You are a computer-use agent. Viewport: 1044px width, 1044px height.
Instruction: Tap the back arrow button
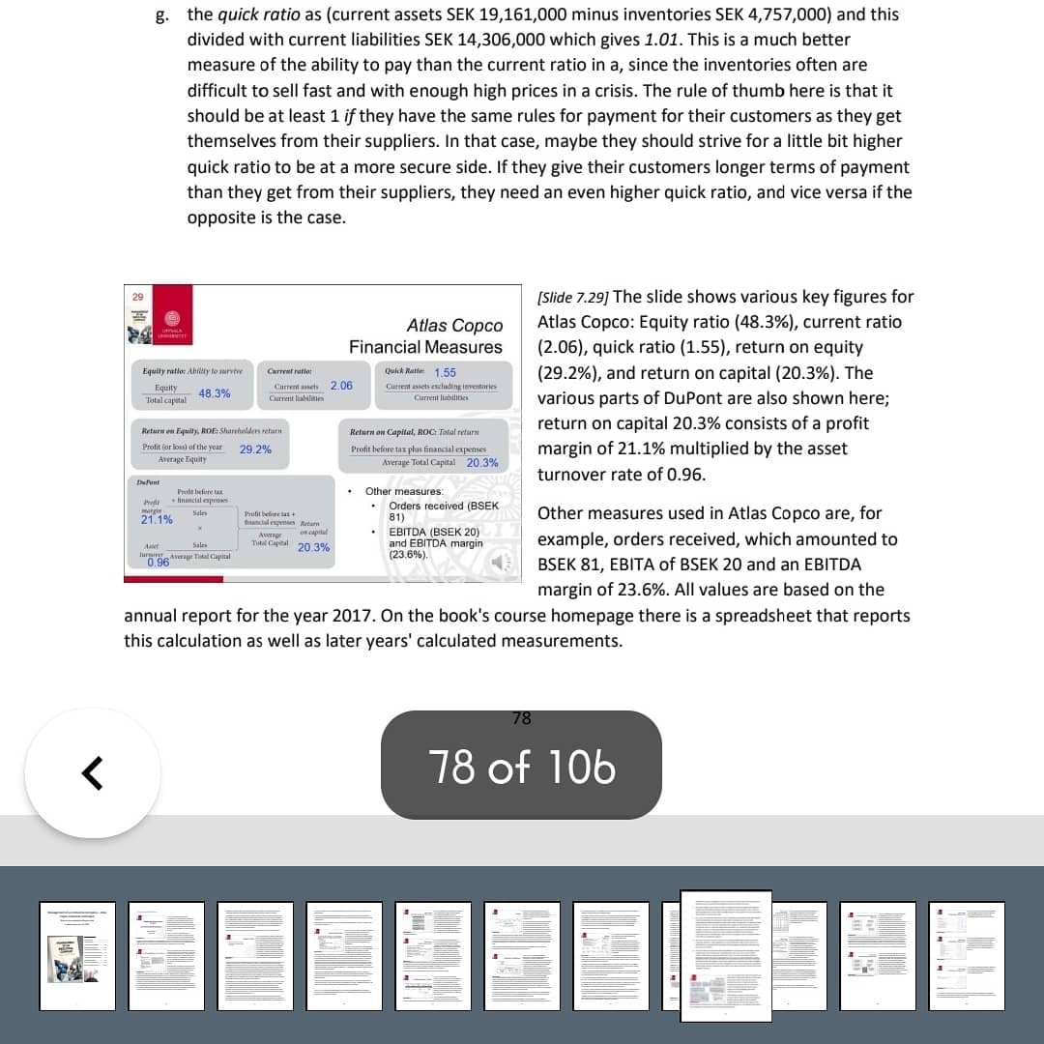click(x=92, y=772)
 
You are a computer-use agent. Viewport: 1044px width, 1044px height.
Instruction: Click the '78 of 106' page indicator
click(x=521, y=768)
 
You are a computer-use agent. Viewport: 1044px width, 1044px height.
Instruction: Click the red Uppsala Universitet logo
click(x=174, y=323)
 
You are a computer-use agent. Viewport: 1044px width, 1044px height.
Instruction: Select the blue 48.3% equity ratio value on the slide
click(x=215, y=393)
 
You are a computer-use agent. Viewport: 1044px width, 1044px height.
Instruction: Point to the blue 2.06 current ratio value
click(x=341, y=386)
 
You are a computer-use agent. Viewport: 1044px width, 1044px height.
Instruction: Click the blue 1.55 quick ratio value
click(x=446, y=372)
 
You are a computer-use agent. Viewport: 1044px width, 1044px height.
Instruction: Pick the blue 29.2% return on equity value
click(x=255, y=449)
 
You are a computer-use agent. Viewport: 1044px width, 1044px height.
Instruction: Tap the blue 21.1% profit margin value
click(x=156, y=520)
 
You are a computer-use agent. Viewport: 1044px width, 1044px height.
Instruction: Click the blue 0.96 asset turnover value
click(x=158, y=563)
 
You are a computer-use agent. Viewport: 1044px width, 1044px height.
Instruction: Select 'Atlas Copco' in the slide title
click(x=454, y=326)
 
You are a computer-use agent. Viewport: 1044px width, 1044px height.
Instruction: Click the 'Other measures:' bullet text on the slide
click(x=404, y=492)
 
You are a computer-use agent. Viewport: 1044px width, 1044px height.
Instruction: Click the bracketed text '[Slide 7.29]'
click(x=572, y=297)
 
